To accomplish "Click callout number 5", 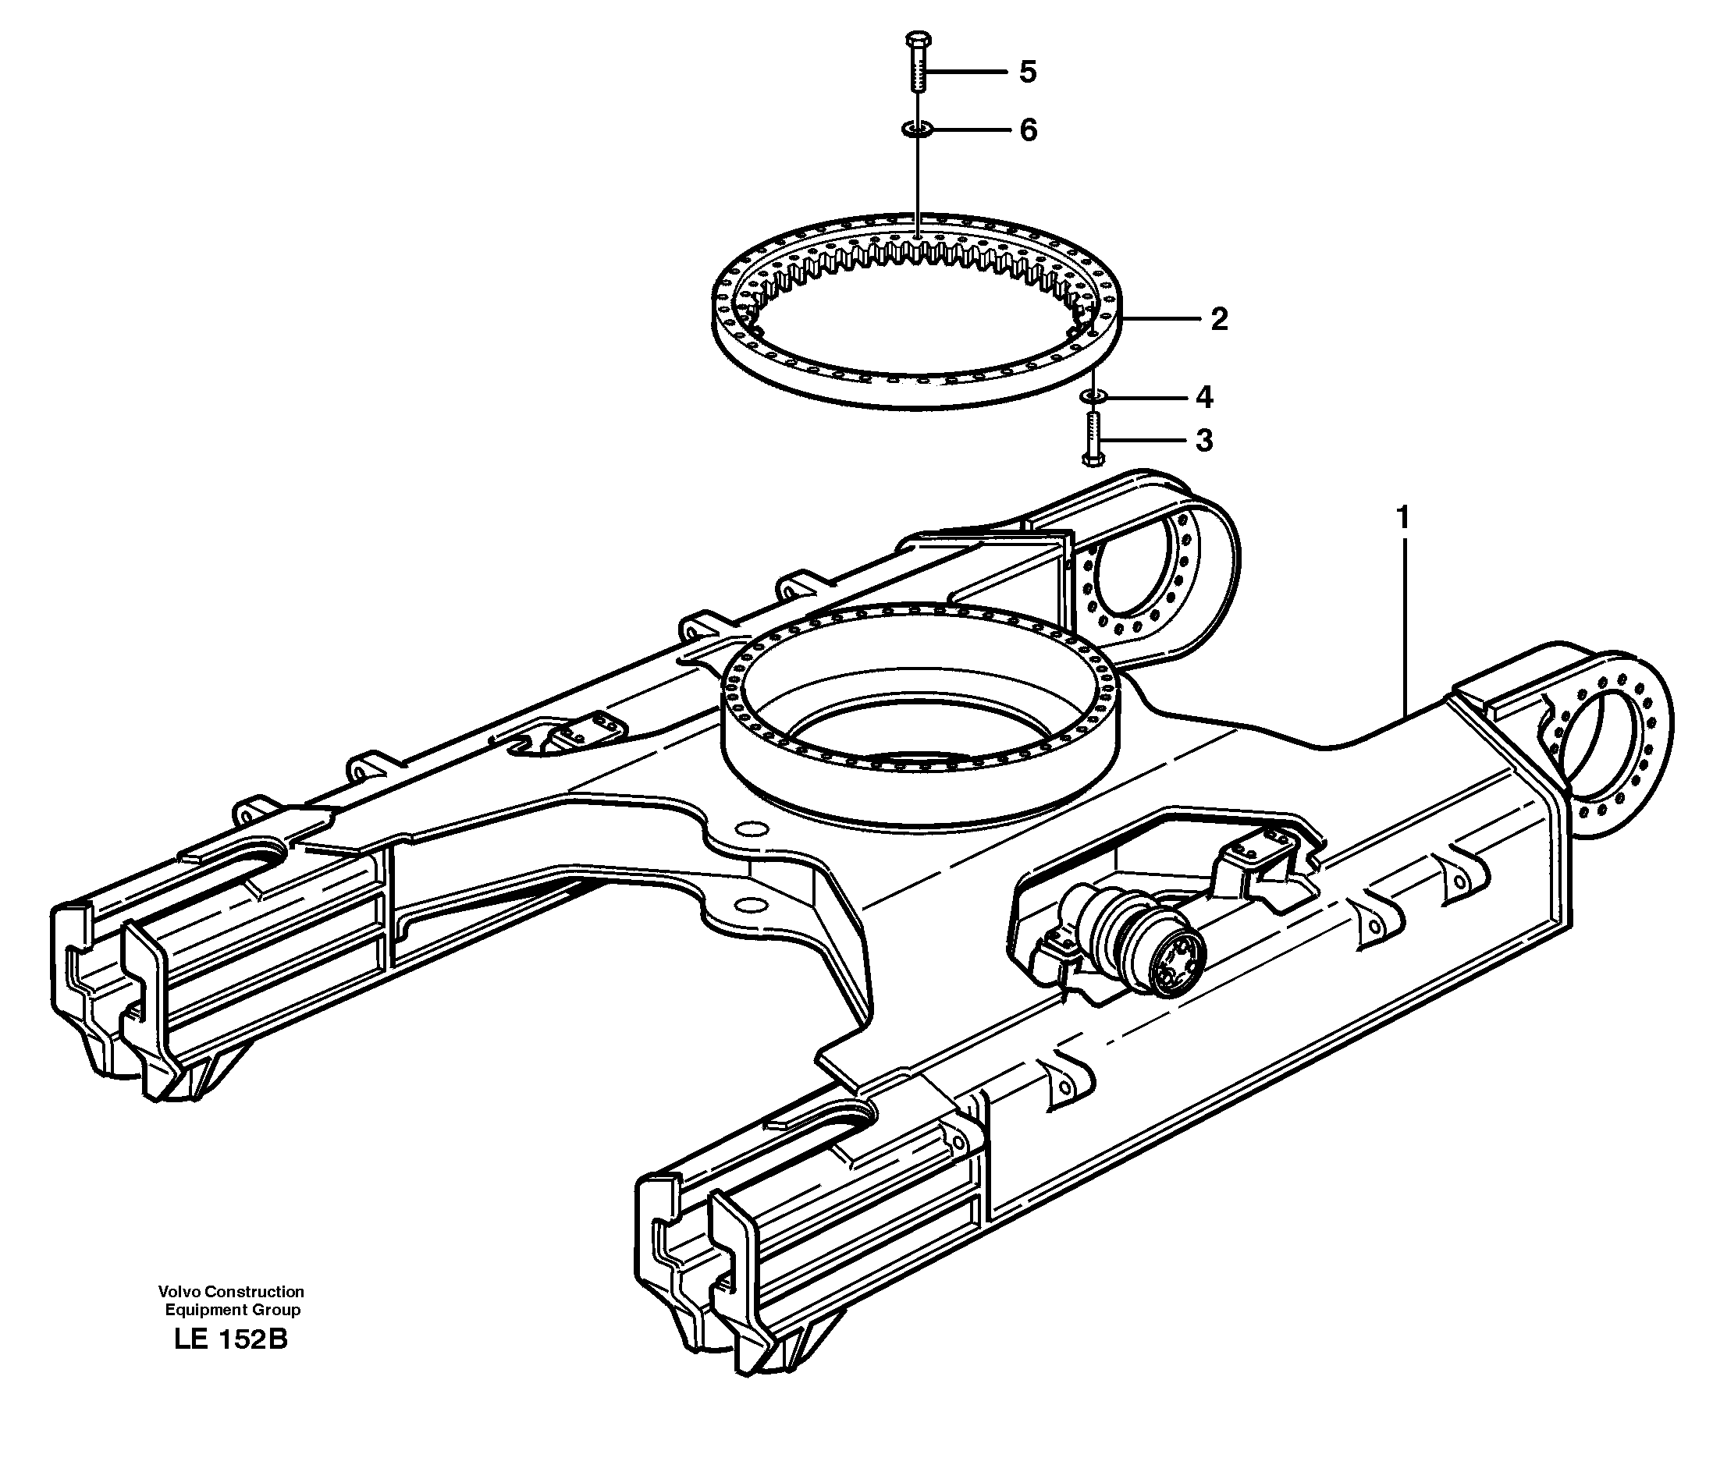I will (x=1027, y=73).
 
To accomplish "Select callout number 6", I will (x=1028, y=130).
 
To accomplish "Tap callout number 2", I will (x=1219, y=320).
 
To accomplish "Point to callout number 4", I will (x=1203, y=398).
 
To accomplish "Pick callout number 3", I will (x=1203, y=441).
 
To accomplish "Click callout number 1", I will (x=1402, y=518).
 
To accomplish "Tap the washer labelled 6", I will (x=917, y=129).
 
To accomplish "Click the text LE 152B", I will (x=232, y=1339).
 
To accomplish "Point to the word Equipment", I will (x=204, y=1310).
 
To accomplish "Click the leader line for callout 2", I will (x=1157, y=319).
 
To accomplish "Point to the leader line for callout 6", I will (x=972, y=129).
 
